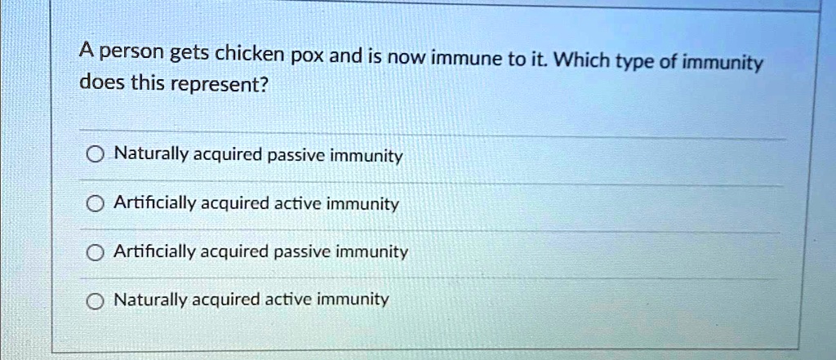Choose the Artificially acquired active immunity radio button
coord(95,204)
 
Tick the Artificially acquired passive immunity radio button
coord(95,253)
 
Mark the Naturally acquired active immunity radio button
coord(95,301)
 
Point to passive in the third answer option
coord(300,251)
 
